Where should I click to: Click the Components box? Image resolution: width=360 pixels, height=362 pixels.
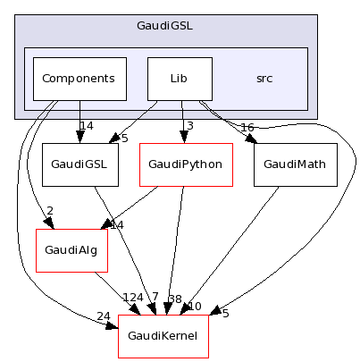coord(79,79)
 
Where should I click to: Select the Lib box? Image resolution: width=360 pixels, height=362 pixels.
coord(179,79)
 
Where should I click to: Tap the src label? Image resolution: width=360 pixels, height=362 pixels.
coord(264,79)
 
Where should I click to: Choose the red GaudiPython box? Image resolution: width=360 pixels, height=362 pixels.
coord(186,164)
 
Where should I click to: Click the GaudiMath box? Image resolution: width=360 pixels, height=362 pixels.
coord(295,164)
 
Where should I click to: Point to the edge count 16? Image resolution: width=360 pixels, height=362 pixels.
coord(247,128)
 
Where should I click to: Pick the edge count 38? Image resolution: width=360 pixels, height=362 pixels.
coord(174,300)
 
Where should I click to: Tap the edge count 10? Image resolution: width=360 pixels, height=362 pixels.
coord(194,307)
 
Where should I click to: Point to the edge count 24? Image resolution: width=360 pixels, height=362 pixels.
coord(105,316)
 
